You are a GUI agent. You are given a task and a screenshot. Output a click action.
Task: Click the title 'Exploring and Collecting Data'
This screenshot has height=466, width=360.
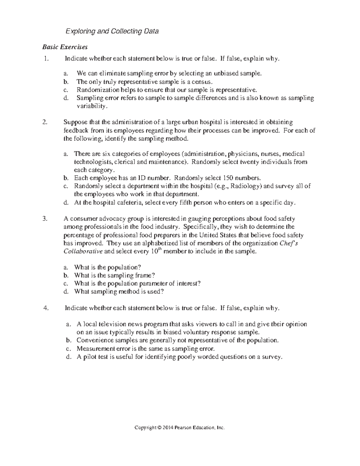[112, 31]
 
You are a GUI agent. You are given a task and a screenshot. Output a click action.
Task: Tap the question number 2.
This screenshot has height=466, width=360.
[45, 122]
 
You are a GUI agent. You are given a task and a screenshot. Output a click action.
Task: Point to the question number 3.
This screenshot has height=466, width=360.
[45, 219]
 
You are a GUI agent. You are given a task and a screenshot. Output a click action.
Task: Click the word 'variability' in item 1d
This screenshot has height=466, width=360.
[91, 106]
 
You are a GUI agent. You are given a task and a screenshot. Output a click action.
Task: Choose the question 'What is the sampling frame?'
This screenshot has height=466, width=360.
[115, 275]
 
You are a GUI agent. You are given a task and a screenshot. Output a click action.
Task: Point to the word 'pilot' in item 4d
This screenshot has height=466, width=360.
[90, 357]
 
